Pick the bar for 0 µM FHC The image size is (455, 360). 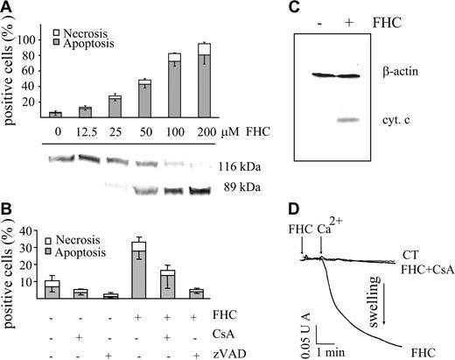[55, 114]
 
